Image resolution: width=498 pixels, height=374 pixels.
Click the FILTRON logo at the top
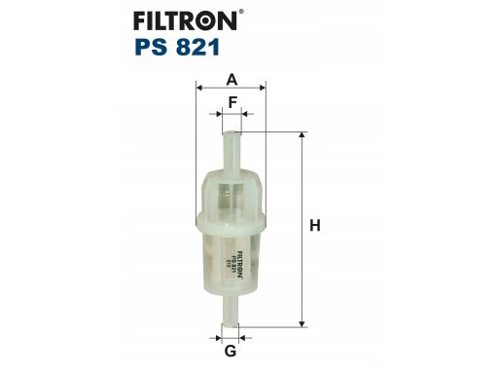186,20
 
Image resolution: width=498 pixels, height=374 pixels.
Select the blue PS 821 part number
177,48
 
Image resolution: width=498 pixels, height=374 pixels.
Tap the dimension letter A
231,80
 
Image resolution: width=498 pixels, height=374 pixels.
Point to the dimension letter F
232,102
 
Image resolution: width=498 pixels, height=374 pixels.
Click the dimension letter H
315,226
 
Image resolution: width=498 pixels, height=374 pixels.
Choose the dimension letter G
231,351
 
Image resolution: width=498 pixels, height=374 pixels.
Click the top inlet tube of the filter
232,153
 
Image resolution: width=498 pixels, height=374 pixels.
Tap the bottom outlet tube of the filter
231,310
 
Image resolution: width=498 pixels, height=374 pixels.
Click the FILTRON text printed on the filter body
240,264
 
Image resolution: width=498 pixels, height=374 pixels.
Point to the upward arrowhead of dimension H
302,136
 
